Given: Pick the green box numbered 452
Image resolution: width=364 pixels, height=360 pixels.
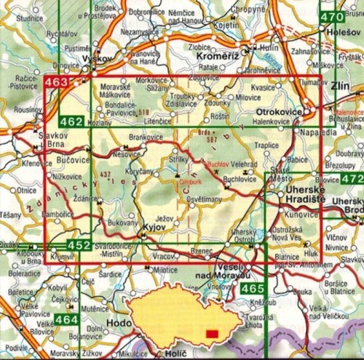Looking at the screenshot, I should click(79, 245).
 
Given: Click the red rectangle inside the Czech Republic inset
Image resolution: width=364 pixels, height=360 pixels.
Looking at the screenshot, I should click(212, 334).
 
